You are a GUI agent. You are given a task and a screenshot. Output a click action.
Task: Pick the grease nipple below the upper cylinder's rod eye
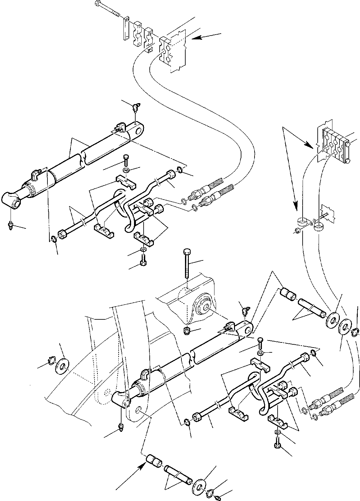tap(11, 227)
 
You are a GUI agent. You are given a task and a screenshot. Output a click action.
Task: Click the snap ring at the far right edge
tap(355, 333)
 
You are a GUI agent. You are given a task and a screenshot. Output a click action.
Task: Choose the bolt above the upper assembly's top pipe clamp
tap(126, 159)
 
